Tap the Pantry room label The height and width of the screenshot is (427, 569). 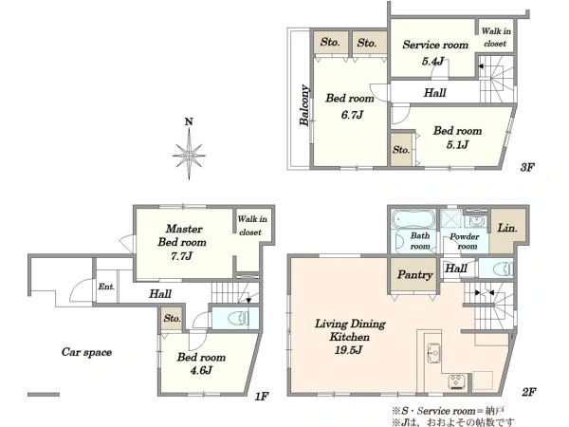[414, 275]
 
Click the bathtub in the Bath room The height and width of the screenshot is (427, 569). [413, 219]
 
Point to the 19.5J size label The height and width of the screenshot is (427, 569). [348, 350]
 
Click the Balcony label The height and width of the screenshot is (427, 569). [304, 105]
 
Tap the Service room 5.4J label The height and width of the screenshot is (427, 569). [435, 52]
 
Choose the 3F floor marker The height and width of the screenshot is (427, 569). [527, 167]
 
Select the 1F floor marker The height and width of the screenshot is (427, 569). [262, 396]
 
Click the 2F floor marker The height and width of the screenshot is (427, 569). [529, 392]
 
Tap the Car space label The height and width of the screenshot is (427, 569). [86, 352]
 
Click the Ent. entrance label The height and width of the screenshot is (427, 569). [106, 287]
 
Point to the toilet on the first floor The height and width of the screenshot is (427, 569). [238, 319]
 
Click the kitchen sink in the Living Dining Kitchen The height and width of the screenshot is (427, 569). [433, 353]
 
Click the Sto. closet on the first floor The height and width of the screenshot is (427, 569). [172, 319]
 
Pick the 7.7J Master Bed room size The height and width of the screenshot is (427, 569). [181, 256]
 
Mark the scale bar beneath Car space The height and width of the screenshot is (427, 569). [44, 395]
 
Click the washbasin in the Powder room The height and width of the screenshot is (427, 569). [476, 220]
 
